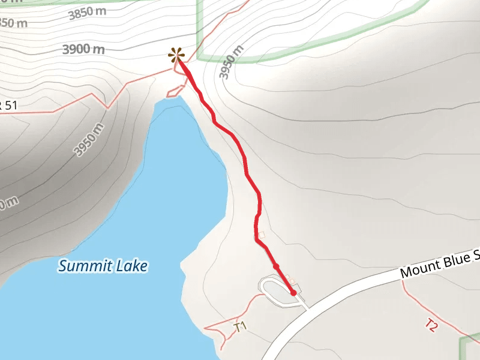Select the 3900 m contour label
[x=84, y=49]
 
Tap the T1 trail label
[x=241, y=327]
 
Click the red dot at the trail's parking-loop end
[x=293, y=293]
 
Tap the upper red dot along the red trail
[x=276, y=266]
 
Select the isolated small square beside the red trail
[x=261, y=235]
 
